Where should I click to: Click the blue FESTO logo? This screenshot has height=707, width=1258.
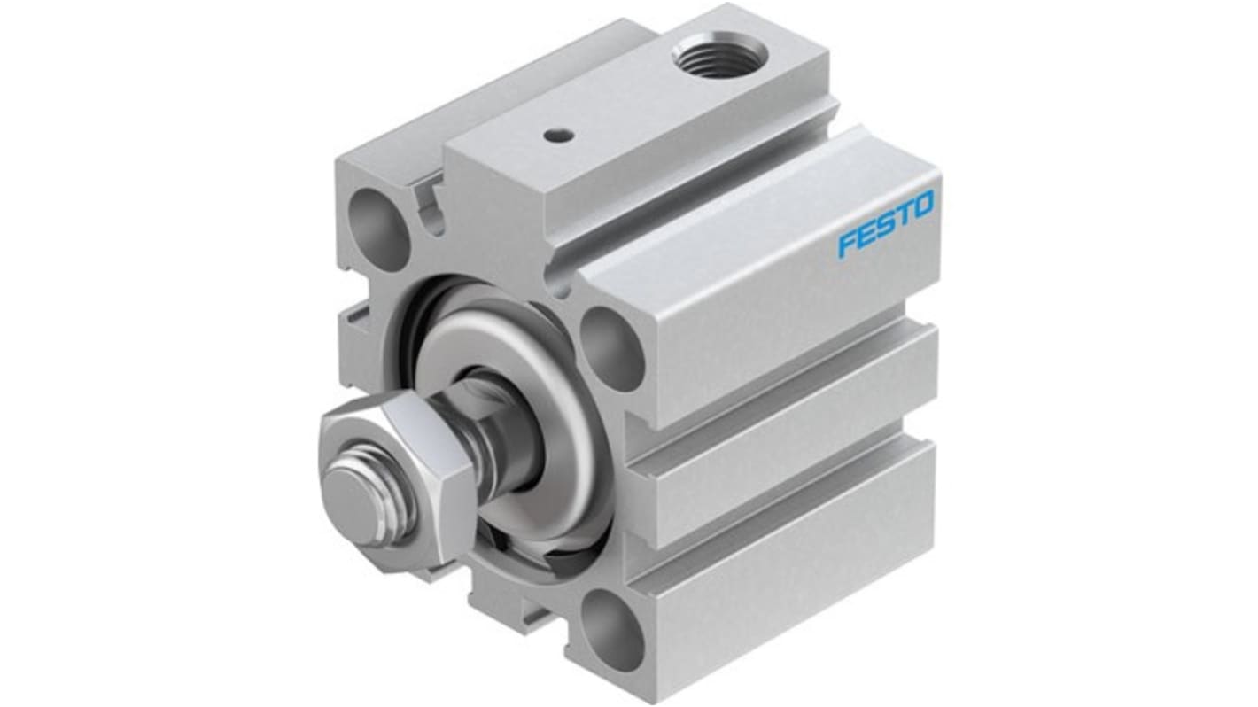[885, 225]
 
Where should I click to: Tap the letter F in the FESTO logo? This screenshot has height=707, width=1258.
[847, 244]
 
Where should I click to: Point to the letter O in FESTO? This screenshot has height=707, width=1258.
[921, 207]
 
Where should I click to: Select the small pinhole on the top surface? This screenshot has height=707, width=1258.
[555, 136]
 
